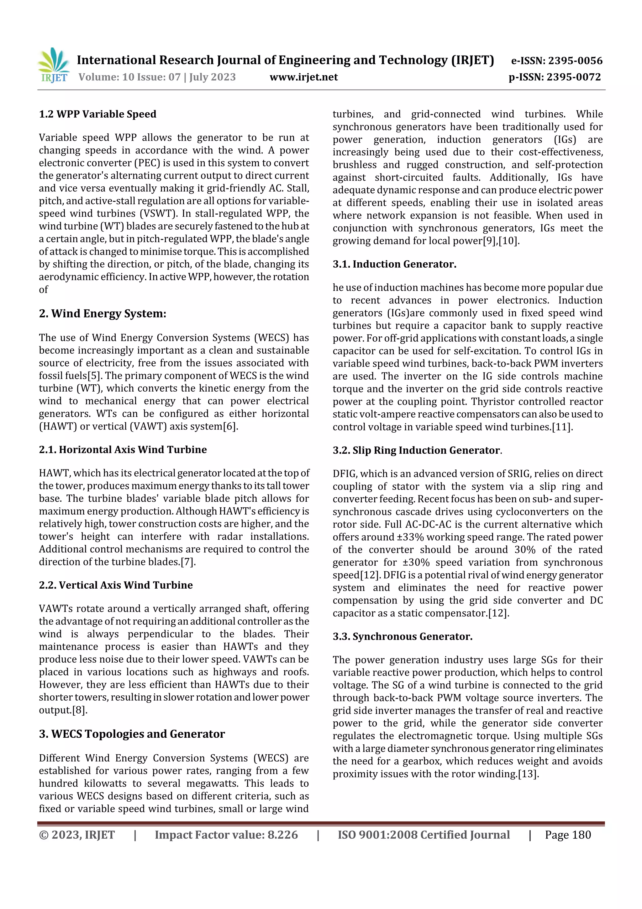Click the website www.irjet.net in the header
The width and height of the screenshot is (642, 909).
pos(303,77)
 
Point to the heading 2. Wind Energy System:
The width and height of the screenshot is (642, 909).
pos(103,313)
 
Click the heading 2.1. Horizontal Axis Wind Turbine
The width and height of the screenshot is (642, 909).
pos(123,450)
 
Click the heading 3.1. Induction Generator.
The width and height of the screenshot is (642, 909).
pos(394,264)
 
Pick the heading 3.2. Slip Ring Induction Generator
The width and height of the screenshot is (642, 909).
pos(417,451)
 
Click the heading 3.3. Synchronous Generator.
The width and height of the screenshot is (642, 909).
pos(402,637)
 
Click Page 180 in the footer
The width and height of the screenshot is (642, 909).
pos(568,835)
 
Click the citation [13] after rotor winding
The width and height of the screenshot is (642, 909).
pos(529,774)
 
